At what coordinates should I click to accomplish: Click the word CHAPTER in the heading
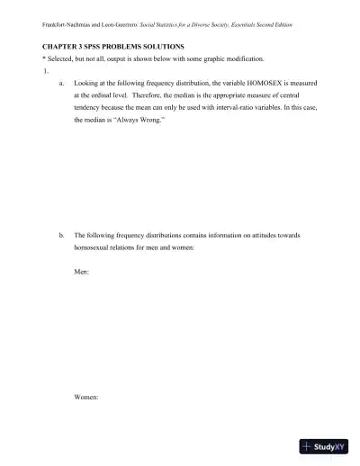[61, 44]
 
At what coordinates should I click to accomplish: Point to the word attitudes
[277, 235]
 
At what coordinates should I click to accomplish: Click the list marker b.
[60, 235]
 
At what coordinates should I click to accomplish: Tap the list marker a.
[60, 81]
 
